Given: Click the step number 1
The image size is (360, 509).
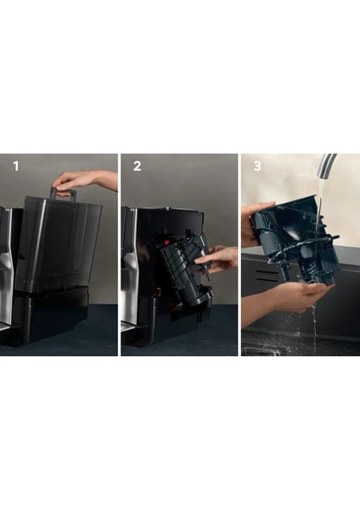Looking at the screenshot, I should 14,166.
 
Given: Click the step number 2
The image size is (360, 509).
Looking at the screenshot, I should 137,166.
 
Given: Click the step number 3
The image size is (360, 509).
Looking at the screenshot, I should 258,166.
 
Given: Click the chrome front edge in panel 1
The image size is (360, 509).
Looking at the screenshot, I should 6,280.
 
